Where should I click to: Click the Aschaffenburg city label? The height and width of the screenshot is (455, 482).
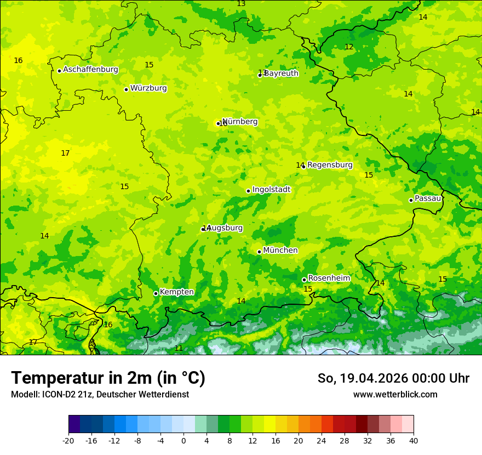click(90, 70)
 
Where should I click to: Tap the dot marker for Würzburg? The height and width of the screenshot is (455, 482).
click(126, 89)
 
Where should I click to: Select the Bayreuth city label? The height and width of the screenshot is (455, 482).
click(282, 73)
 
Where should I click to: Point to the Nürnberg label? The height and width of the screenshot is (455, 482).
click(240, 122)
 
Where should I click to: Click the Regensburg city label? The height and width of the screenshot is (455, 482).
click(330, 165)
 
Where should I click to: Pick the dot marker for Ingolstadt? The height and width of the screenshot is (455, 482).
click(248, 191)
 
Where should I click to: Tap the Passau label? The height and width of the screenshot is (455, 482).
click(428, 198)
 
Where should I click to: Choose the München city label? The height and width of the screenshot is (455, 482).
click(280, 251)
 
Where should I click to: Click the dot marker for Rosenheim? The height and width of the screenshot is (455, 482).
click(304, 280)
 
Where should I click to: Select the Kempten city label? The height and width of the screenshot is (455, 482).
click(176, 292)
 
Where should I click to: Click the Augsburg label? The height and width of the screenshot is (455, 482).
click(225, 228)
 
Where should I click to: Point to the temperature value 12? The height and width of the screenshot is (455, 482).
click(349, 47)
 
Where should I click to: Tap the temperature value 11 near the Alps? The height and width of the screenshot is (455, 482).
click(179, 348)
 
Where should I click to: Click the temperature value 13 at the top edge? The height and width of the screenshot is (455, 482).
click(241, 4)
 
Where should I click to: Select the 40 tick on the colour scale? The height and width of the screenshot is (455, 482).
click(413, 440)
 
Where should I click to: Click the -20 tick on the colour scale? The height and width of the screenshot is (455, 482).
click(68, 440)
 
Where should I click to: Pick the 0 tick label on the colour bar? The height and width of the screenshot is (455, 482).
click(183, 440)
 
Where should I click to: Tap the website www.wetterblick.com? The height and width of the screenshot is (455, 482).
click(395, 394)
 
